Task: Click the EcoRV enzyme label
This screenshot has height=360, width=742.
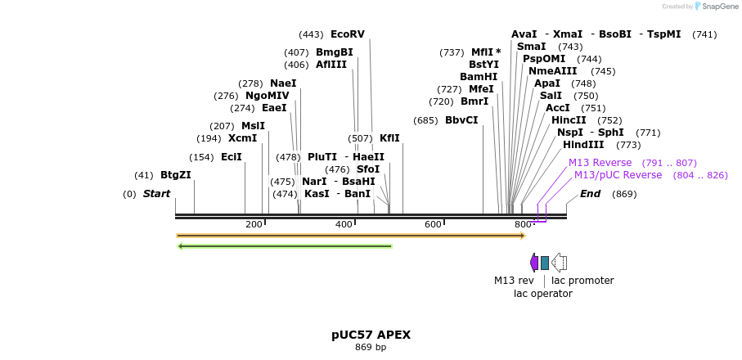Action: [348, 34]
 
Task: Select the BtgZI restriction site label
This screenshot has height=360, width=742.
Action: [175, 175]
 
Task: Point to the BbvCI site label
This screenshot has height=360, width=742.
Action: [461, 120]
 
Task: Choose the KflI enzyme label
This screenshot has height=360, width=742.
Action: [389, 138]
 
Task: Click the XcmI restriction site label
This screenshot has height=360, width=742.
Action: [242, 138]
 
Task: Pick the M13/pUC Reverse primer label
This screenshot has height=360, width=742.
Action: [618, 175]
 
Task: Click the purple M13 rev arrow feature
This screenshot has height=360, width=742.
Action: [534, 262]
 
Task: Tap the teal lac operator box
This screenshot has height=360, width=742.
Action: [545, 262]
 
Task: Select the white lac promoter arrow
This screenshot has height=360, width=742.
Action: [559, 262]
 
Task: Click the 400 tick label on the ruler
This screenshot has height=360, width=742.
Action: [344, 224]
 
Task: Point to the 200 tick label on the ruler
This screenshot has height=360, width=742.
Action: [254, 224]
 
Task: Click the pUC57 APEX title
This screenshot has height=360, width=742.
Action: [371, 335]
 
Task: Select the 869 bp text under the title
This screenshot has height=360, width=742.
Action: [371, 348]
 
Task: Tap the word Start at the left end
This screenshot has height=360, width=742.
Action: [156, 194]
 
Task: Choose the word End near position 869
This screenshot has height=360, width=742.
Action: [590, 194]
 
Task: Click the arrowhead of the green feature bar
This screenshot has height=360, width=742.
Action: [181, 245]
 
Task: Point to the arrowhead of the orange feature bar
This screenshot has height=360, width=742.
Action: [522, 236]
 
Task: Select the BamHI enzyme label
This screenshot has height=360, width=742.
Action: [479, 77]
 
